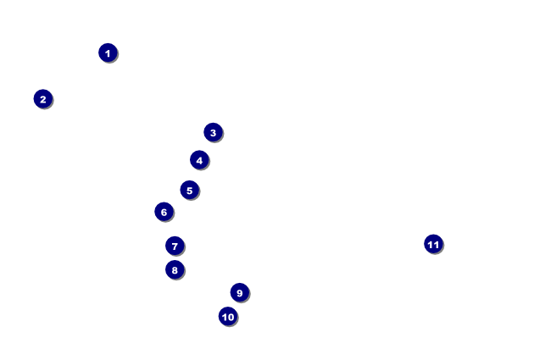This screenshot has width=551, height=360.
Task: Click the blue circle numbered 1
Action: (x=108, y=53)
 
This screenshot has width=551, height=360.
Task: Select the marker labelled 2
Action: (x=43, y=99)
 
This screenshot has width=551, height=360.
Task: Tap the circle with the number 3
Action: (x=213, y=132)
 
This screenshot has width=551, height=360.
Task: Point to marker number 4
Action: (x=199, y=160)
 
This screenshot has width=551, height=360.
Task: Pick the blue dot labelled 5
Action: (x=189, y=191)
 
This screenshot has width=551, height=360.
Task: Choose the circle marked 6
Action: (x=164, y=212)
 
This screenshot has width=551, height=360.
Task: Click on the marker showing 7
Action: (x=175, y=246)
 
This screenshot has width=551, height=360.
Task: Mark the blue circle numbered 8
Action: (x=175, y=270)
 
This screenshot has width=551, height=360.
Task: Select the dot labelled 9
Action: (x=239, y=293)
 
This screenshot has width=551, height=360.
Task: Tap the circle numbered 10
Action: (x=228, y=317)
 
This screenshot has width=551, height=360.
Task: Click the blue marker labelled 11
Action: (x=433, y=244)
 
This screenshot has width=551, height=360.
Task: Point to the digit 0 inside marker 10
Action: (x=231, y=317)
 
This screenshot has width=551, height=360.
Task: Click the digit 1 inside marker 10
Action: (x=225, y=317)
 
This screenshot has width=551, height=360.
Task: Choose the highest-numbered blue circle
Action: (x=433, y=244)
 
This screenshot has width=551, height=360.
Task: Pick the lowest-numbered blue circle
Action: (x=108, y=53)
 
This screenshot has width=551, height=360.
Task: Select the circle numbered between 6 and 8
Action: (x=175, y=246)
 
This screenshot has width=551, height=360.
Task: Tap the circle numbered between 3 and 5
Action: (x=199, y=160)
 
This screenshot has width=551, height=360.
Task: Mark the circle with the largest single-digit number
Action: (x=239, y=293)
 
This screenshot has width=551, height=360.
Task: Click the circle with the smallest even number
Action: (x=43, y=99)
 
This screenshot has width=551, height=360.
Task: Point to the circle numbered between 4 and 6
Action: (x=189, y=191)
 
